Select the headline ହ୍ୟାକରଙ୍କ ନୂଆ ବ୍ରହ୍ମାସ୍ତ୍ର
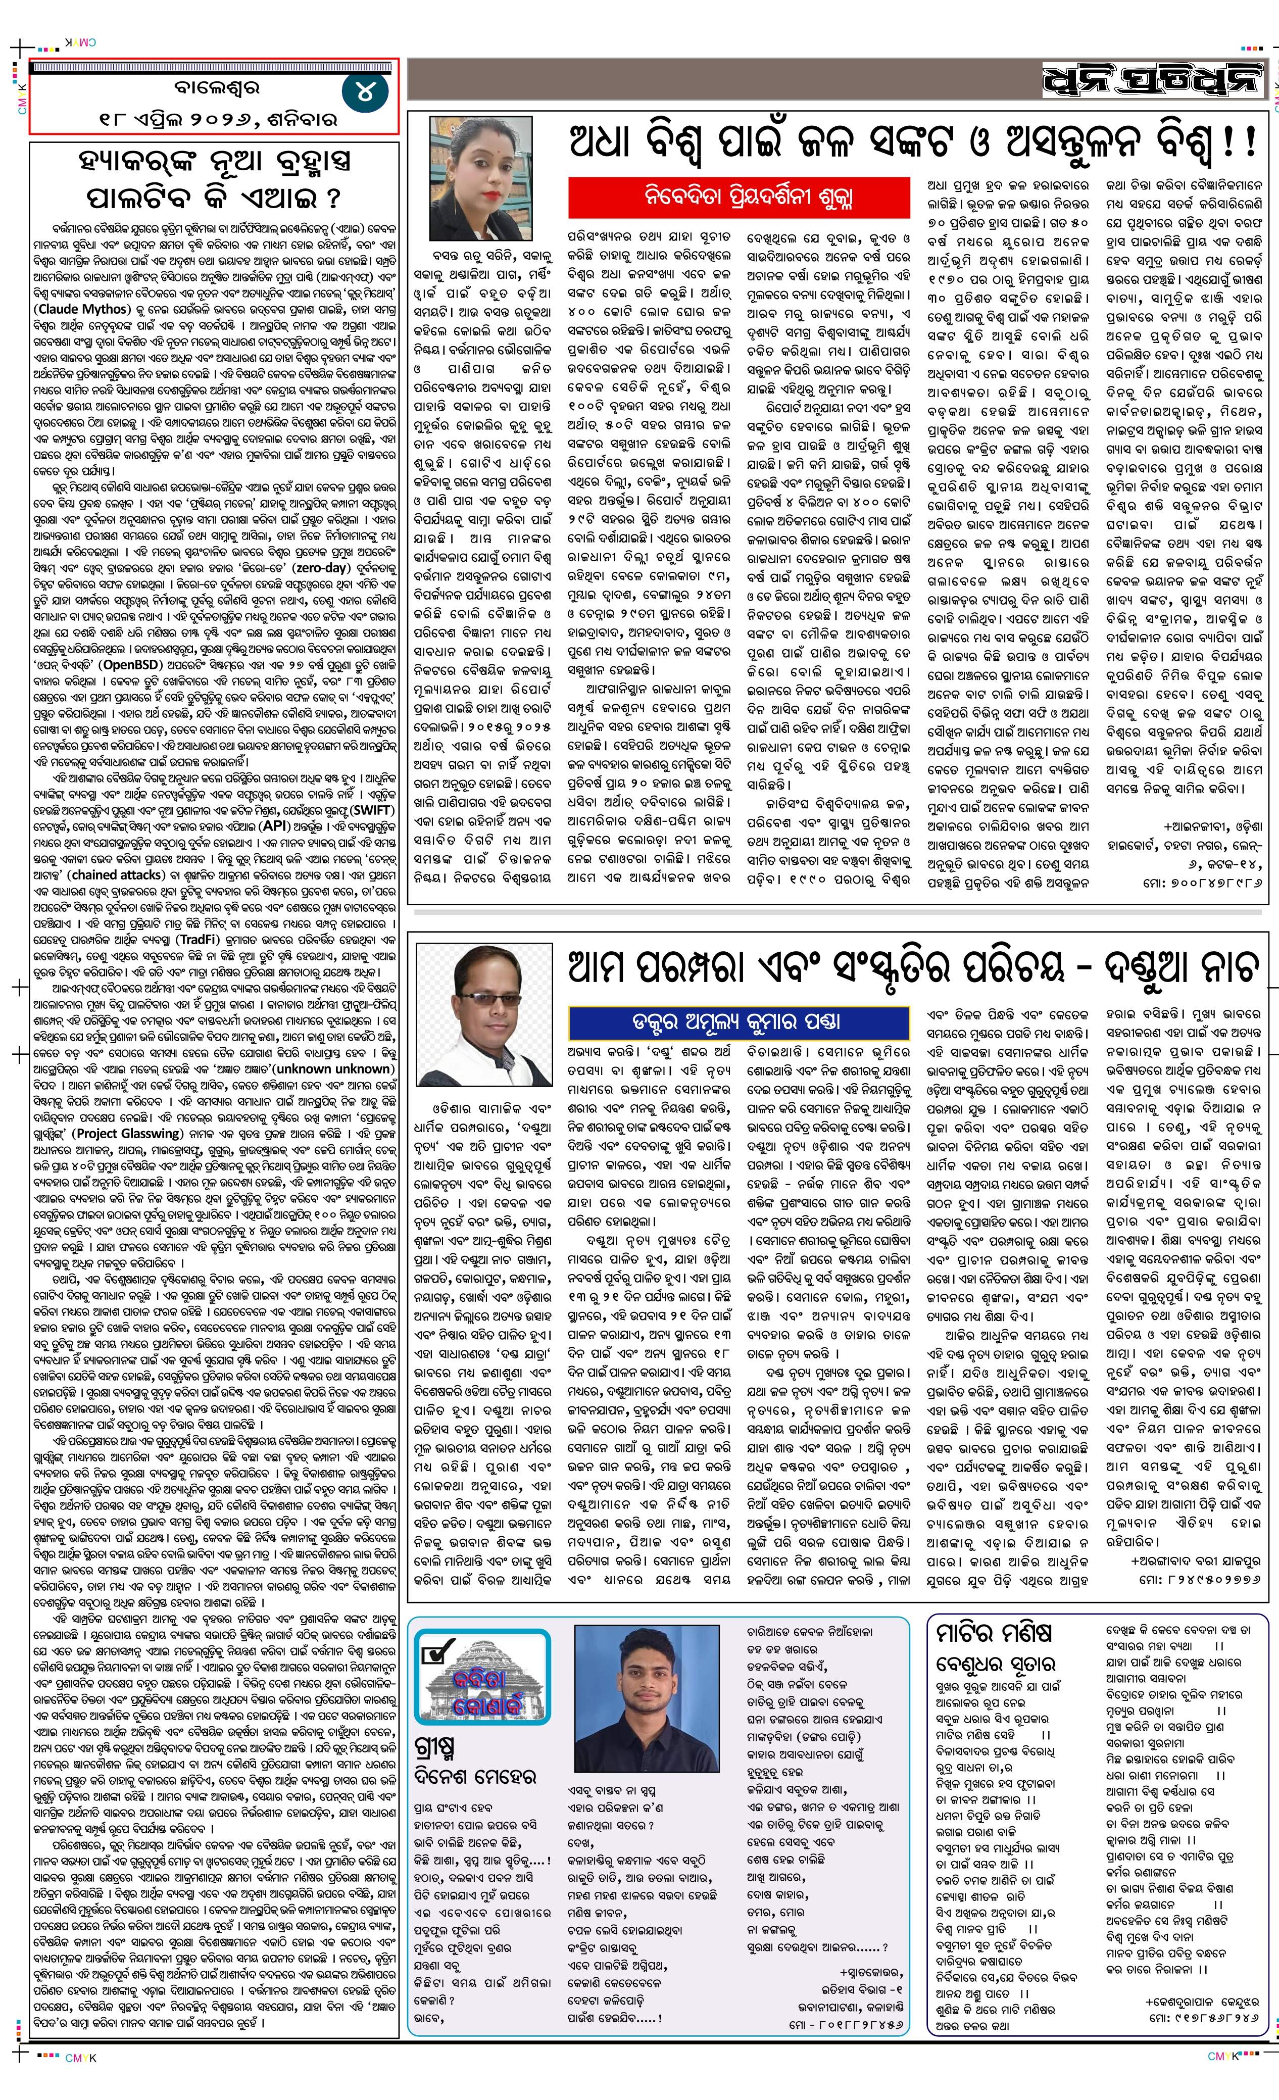pos(213,162)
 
